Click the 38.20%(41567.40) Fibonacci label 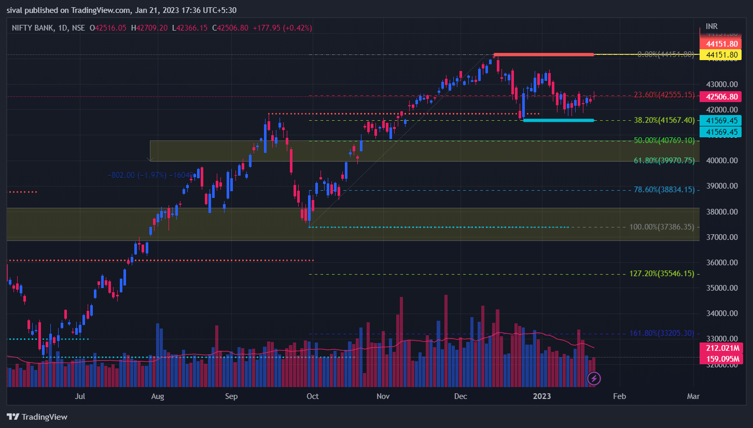[x=664, y=120]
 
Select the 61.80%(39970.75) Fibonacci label [x=664, y=161]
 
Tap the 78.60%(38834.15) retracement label [x=664, y=190]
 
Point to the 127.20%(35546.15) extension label [x=662, y=274]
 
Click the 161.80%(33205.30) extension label [x=662, y=333]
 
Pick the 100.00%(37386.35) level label [x=662, y=227]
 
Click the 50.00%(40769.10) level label [x=664, y=140]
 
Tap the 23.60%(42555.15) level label [x=664, y=95]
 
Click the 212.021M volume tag [x=721, y=348]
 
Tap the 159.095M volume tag [x=721, y=359]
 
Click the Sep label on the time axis [x=231, y=396]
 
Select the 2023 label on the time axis [x=542, y=396]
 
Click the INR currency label [x=712, y=26]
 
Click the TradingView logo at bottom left [x=37, y=417]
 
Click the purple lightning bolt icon [x=594, y=379]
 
